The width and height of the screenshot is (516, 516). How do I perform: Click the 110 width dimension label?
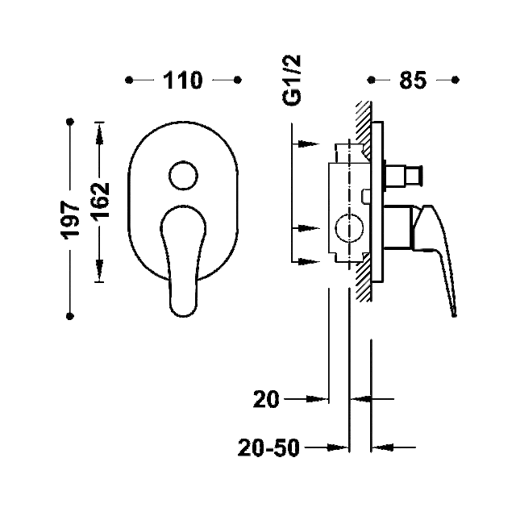click(x=183, y=80)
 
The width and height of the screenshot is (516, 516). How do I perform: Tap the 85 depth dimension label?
click(x=413, y=80)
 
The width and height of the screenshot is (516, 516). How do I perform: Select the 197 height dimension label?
click(x=70, y=220)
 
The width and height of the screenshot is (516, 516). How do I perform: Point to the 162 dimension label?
click(x=100, y=201)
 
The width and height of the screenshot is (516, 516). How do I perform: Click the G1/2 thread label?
click(x=292, y=81)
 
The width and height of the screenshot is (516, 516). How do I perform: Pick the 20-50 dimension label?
click(x=268, y=447)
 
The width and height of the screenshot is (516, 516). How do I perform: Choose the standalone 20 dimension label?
click(x=266, y=399)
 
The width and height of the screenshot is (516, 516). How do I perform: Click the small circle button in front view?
click(x=183, y=176)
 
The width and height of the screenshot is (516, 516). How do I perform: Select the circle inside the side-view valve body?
click(x=349, y=227)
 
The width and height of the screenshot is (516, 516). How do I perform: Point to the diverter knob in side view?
click(x=403, y=176)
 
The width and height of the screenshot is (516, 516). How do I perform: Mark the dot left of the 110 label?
click(x=129, y=80)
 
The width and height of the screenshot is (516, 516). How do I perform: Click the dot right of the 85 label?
click(x=455, y=80)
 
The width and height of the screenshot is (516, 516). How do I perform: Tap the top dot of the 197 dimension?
click(x=70, y=122)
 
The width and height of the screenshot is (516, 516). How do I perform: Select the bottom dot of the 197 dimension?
click(x=70, y=316)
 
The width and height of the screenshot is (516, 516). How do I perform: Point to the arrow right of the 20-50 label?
click(x=393, y=447)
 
